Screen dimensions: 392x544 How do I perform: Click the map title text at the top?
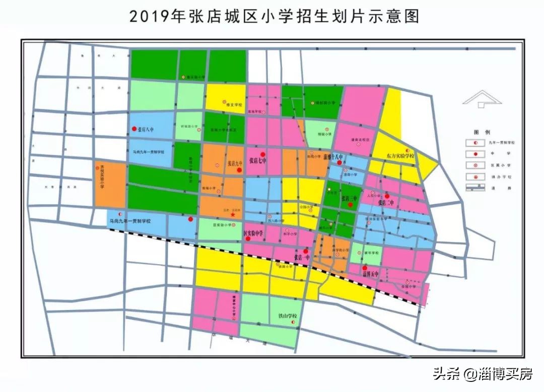click(x=274, y=17)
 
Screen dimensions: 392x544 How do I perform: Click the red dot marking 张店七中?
click(x=262, y=154)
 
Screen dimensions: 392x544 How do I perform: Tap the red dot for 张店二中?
click(x=387, y=196)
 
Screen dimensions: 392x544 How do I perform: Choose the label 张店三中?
click(x=349, y=198)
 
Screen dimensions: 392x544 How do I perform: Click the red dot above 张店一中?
click(x=306, y=251)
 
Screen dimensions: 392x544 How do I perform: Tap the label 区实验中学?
click(x=254, y=233)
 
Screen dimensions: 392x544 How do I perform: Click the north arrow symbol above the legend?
click(x=482, y=99)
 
